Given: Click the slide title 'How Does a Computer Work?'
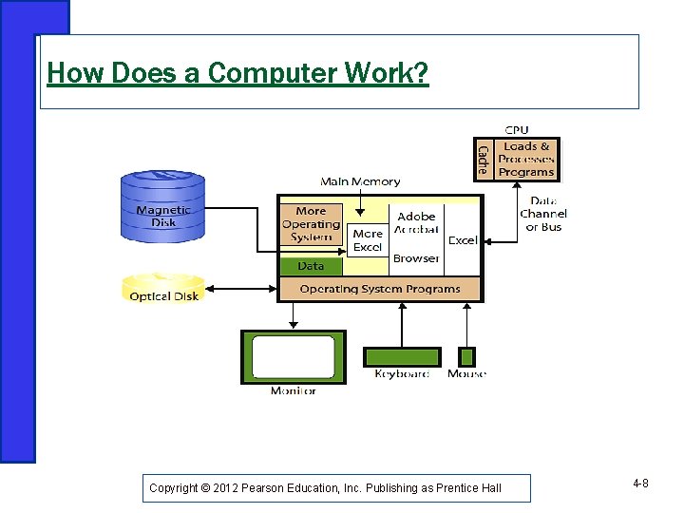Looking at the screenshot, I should click(237, 73).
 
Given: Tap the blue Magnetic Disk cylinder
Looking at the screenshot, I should click(162, 205).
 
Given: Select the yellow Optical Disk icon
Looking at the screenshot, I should click(162, 289).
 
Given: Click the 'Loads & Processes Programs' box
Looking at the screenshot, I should click(526, 160).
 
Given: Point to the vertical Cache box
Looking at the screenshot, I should click(484, 160).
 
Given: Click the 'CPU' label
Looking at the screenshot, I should click(517, 129).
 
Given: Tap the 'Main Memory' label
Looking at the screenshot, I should click(360, 181).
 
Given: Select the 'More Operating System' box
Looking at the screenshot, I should click(310, 224).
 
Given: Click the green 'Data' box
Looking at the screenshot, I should click(311, 266).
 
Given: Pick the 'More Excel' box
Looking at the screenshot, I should click(367, 240).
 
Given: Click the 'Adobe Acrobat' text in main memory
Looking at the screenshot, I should click(417, 223).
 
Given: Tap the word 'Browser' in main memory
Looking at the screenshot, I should click(416, 258).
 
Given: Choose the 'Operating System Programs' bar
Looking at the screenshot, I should click(379, 289).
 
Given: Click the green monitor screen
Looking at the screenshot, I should click(293, 356).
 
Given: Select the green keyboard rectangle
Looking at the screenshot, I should click(402, 357).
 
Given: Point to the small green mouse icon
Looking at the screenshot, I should click(466, 357).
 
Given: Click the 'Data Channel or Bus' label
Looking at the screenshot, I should click(543, 214).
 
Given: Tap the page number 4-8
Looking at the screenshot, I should click(640, 484).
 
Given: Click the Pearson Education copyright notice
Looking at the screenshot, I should click(325, 488).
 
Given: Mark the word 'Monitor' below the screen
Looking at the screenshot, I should click(293, 391).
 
